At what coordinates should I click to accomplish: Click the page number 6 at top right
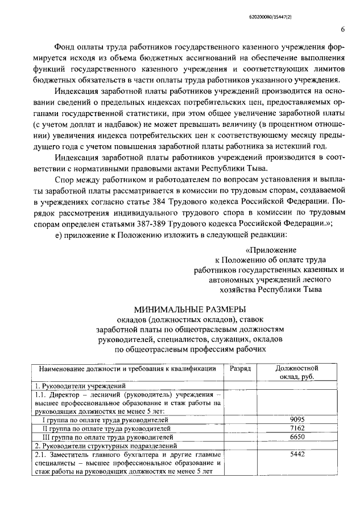[x=342, y=29]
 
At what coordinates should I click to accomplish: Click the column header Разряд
[x=239, y=369]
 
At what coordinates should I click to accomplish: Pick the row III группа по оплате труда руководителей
[x=108, y=437]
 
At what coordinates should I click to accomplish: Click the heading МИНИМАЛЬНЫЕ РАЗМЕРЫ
[x=190, y=310]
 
